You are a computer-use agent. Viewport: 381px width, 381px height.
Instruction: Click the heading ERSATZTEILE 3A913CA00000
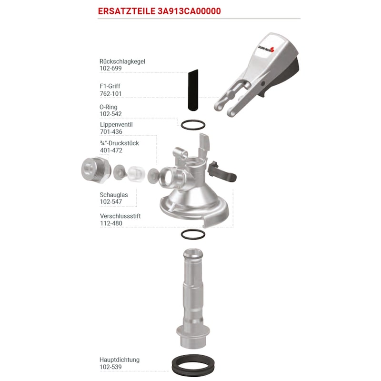click(x=159, y=11)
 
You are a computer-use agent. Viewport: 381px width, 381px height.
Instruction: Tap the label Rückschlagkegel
click(x=122, y=61)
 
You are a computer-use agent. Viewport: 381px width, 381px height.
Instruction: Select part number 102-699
click(x=110, y=69)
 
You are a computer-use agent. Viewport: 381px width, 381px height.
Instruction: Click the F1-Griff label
click(x=110, y=86)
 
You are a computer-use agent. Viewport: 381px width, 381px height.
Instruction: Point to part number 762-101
click(x=110, y=93)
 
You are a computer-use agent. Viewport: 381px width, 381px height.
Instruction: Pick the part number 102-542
click(x=110, y=114)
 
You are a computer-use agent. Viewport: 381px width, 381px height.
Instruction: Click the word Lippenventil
click(x=116, y=125)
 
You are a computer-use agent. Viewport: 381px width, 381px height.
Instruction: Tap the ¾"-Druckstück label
click(x=120, y=143)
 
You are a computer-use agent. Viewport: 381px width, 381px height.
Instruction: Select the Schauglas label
click(x=114, y=195)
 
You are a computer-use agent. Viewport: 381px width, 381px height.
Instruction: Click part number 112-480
click(x=111, y=223)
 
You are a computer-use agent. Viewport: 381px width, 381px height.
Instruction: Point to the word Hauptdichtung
click(x=120, y=360)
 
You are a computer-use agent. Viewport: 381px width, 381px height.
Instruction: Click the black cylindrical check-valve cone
click(x=193, y=90)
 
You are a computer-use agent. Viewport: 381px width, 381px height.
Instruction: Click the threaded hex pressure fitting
click(x=96, y=170)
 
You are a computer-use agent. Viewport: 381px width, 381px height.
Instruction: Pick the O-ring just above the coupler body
click(x=193, y=120)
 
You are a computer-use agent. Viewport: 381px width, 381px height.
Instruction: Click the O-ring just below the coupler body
click(x=193, y=230)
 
